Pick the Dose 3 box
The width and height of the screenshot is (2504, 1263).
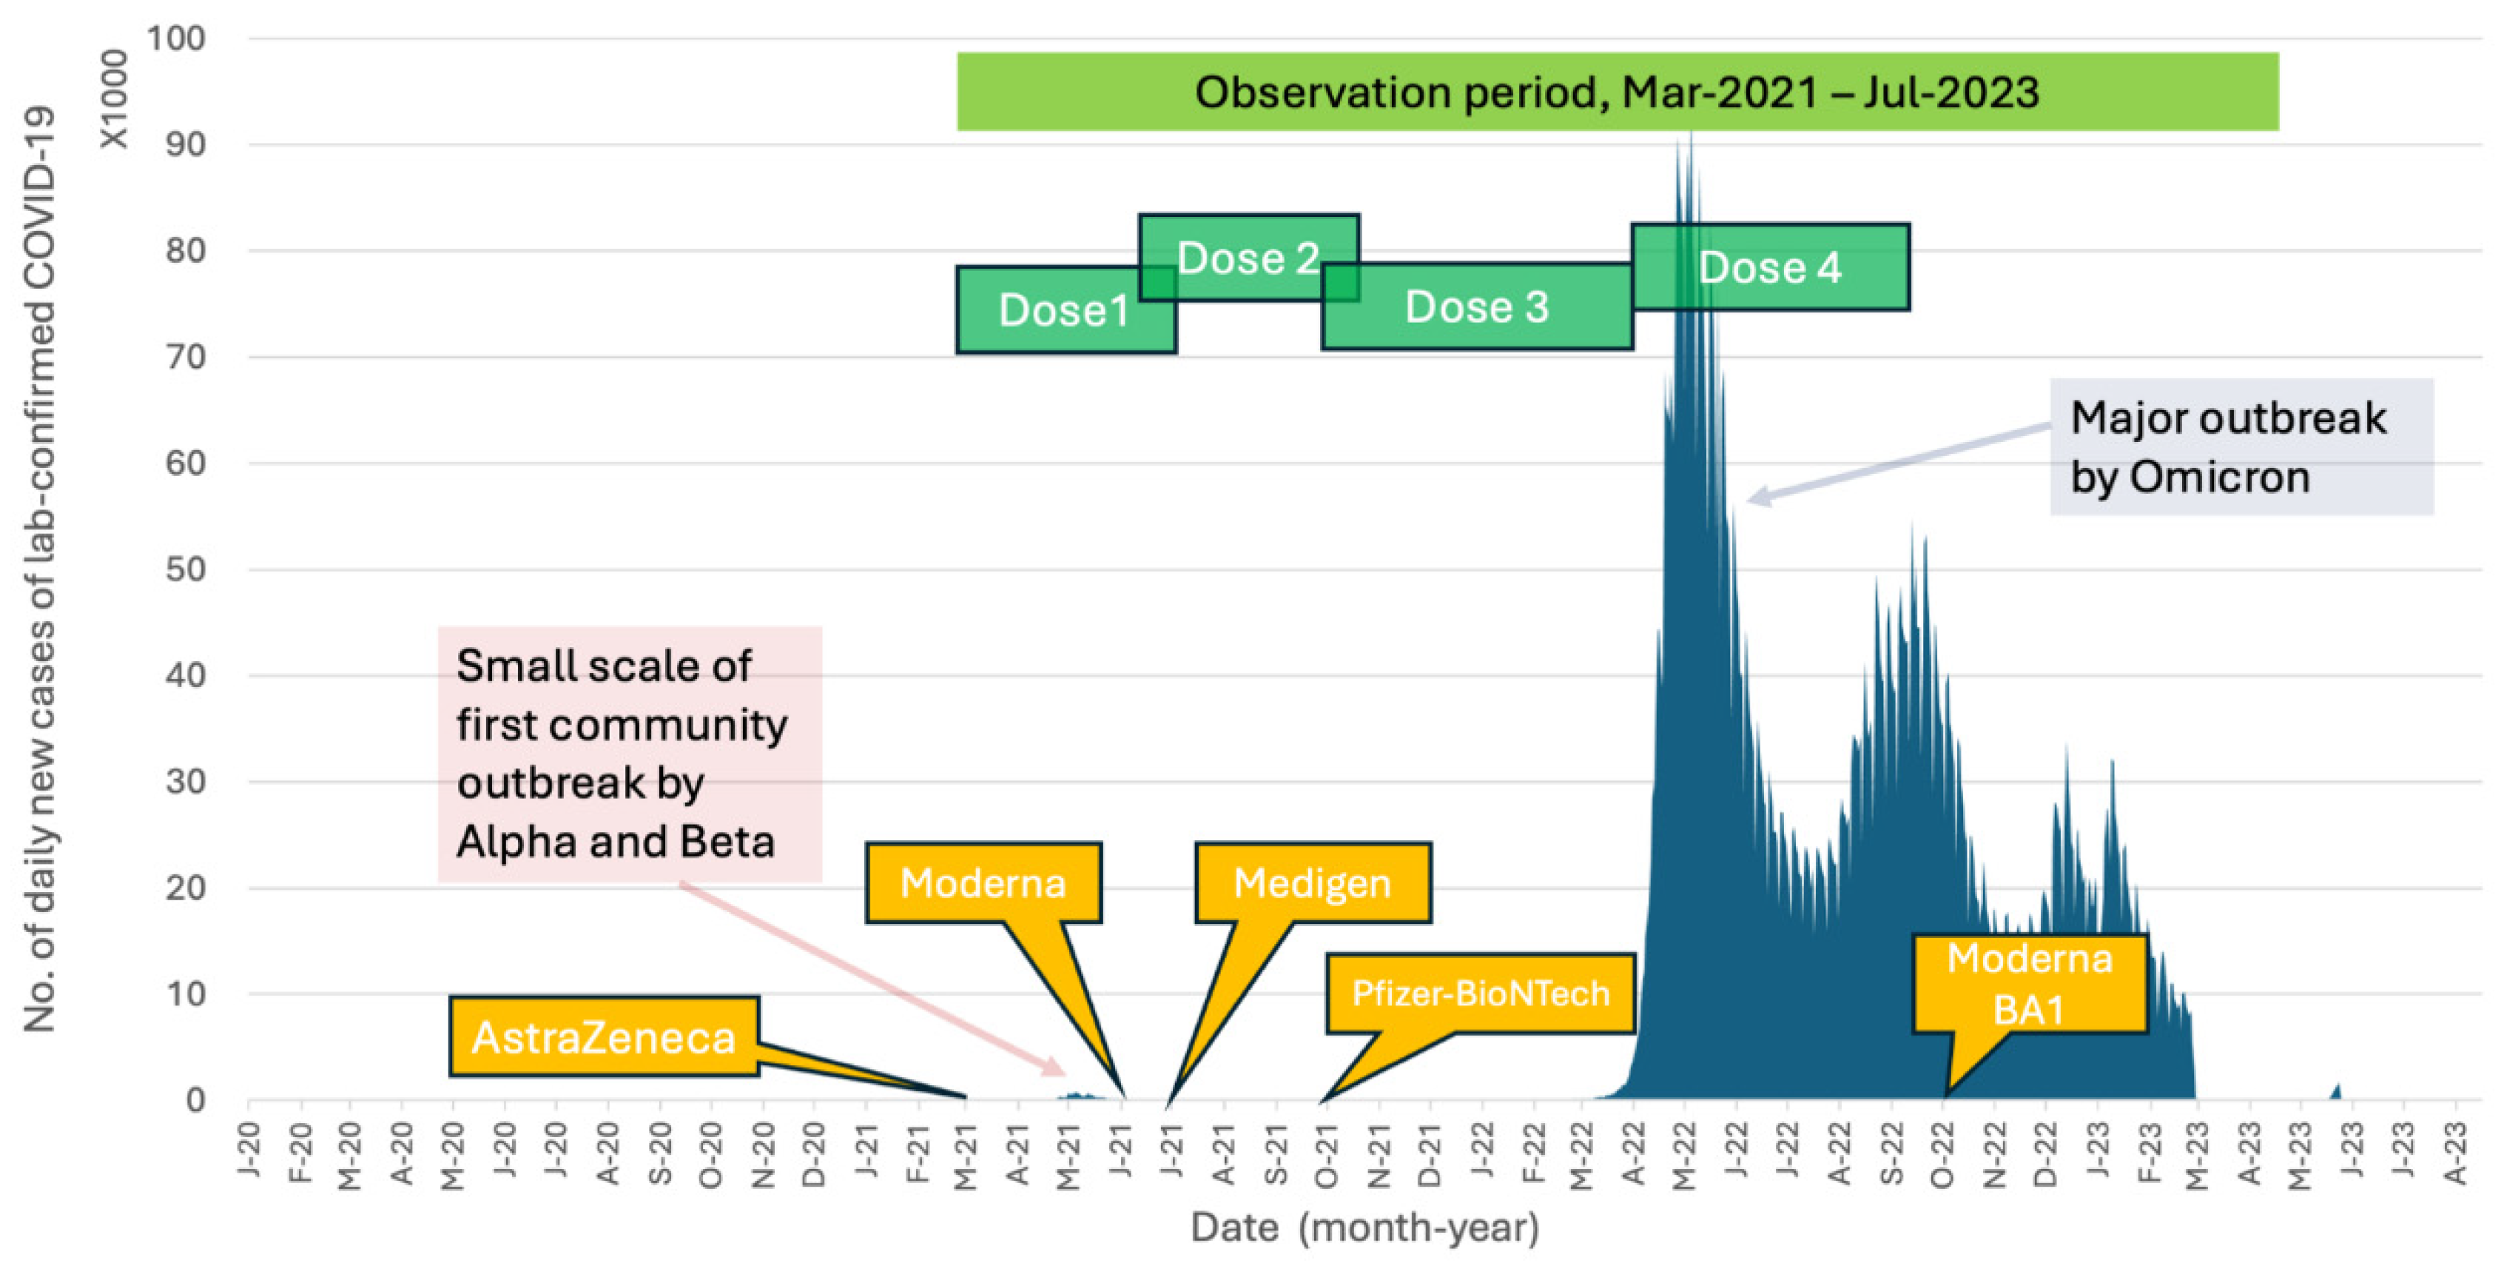(x=1475, y=307)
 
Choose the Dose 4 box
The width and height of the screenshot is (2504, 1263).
(x=1769, y=267)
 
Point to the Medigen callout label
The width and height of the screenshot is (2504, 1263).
(x=1312, y=882)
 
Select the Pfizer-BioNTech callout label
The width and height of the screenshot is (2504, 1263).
(x=1479, y=994)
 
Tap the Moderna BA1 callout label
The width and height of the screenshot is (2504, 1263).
(x=2029, y=984)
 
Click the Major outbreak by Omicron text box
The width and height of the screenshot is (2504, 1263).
(x=2241, y=447)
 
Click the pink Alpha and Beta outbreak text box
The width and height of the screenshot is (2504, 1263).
(x=629, y=754)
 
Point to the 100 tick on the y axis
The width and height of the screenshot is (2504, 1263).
(x=176, y=39)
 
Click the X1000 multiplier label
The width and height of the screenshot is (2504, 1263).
(x=115, y=99)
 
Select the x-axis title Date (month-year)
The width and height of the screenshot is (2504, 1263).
(x=1364, y=1227)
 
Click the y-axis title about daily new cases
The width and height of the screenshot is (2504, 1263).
(x=41, y=569)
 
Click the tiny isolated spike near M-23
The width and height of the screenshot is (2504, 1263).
(x=2337, y=1091)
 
